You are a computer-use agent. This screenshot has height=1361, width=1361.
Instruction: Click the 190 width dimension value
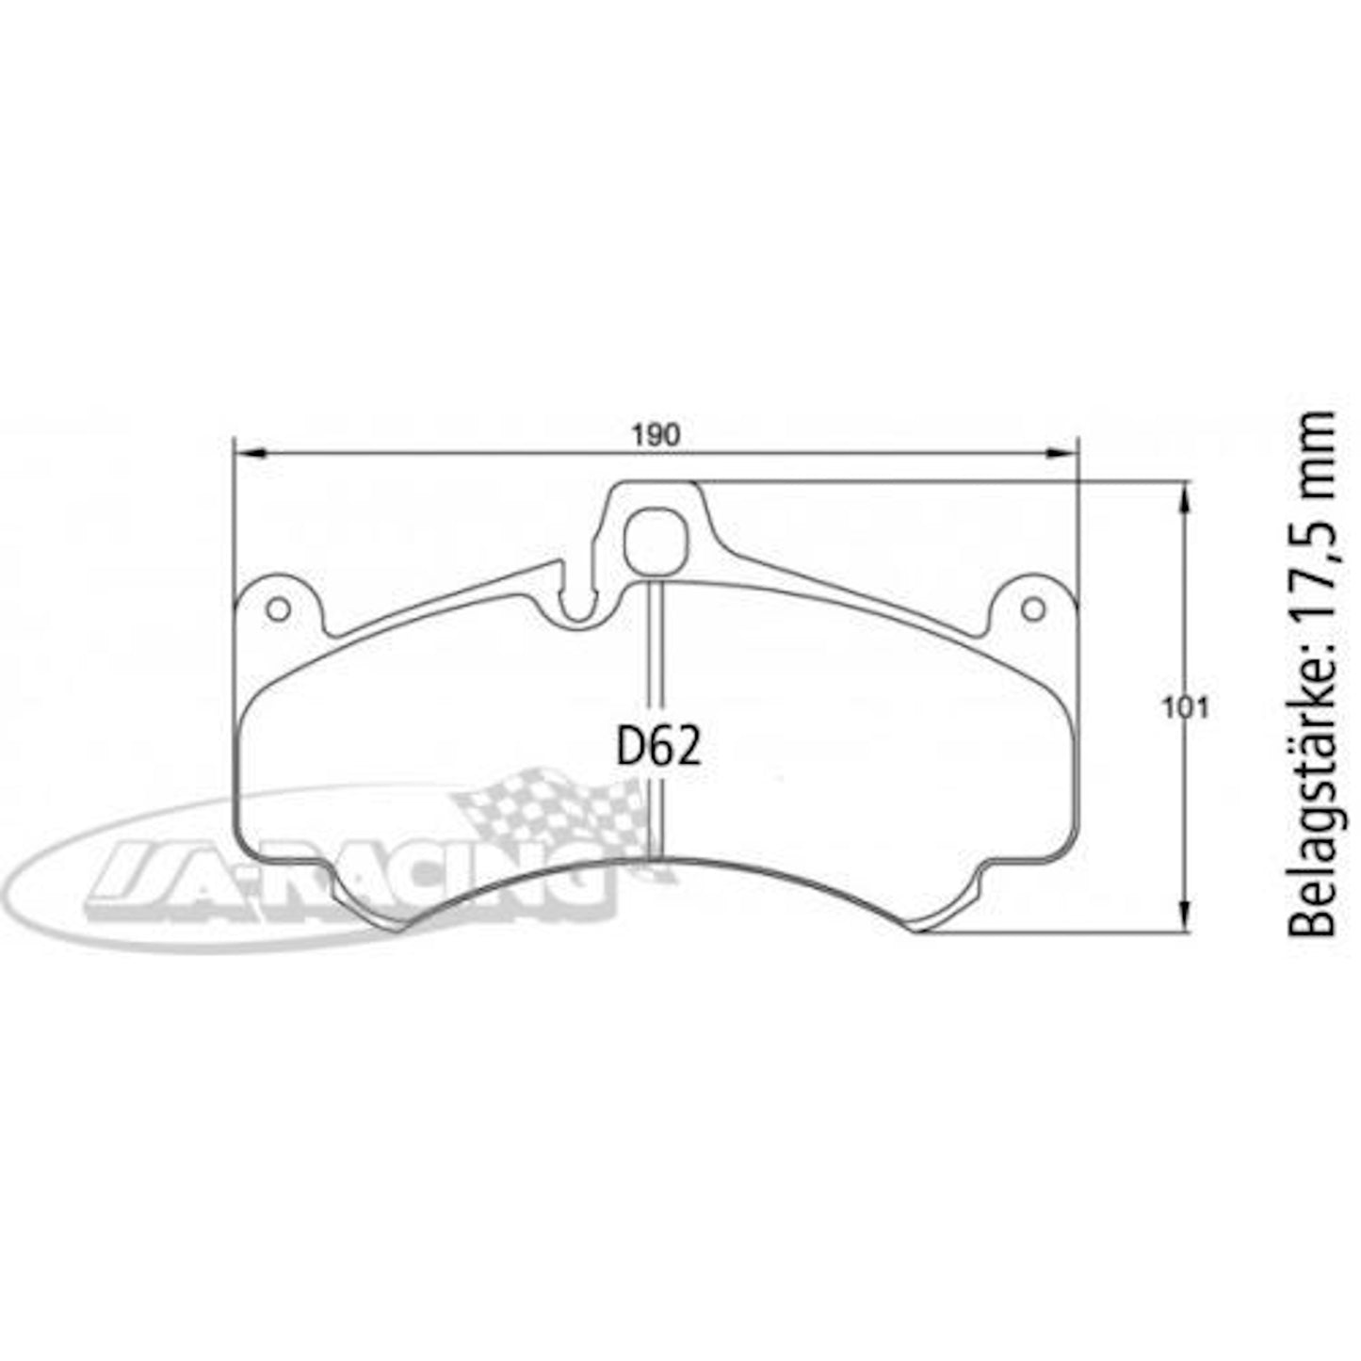coord(656,436)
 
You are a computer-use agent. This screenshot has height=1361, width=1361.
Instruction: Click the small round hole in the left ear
coord(278,609)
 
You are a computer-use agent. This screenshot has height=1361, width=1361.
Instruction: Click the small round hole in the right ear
coord(1033,608)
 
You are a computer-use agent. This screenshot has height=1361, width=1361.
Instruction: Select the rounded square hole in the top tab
coord(655,541)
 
